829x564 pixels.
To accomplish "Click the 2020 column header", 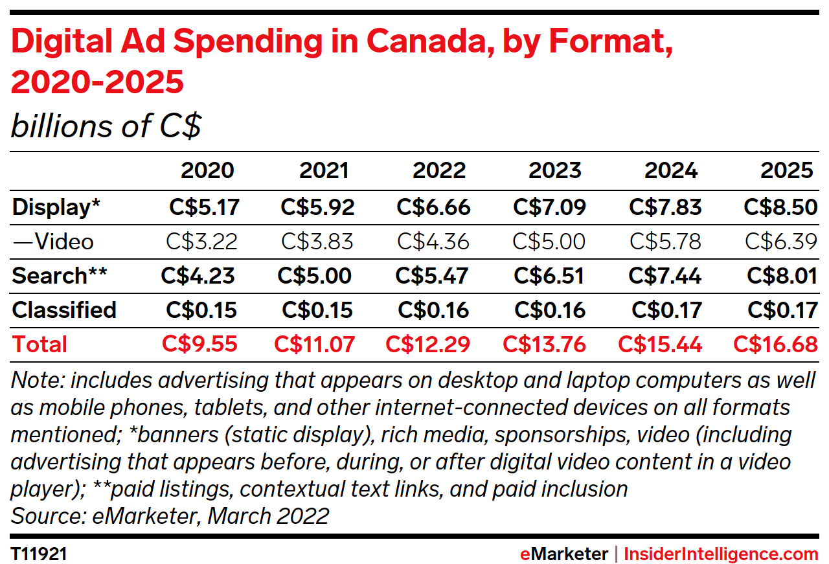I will pos(207,170).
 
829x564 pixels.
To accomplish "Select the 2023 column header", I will pos(555,170).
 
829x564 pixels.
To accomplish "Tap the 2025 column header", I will pos(787,170).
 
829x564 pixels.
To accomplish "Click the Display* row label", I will pos(56,207).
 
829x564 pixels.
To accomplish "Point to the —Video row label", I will pos(52,242).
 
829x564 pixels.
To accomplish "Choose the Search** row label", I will pos(58,276).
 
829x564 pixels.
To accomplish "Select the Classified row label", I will pos(64,310).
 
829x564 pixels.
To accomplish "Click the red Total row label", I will pos(39,344).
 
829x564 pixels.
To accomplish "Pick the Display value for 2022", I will pos(433,207).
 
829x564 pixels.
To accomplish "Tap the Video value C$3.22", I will pos(202,242).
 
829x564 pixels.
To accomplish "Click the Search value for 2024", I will pos(664,276).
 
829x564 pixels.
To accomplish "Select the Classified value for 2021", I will pos(317,310).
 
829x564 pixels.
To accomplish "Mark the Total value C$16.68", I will pos(775,344).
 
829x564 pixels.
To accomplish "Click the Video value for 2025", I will pos(781,242).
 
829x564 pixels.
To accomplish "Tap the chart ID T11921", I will pos(39,554).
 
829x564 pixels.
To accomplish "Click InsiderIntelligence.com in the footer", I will pos(721,554).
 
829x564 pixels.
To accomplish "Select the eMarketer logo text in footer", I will pos(564,554).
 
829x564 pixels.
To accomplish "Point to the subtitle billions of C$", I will pos(106,126).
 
